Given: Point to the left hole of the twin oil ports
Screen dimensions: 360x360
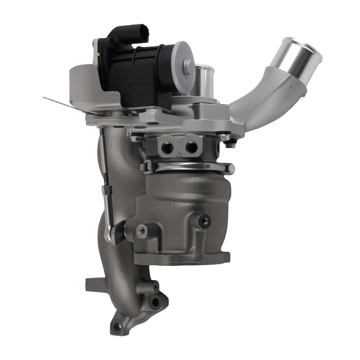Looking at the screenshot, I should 166,146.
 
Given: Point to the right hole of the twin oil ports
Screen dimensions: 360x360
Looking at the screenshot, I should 191,146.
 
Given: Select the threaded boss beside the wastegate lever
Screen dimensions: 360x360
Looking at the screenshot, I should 142,229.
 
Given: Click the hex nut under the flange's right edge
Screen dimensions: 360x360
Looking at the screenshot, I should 229,145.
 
